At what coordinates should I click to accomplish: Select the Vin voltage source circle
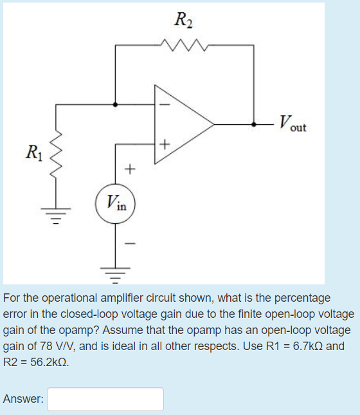(116, 204)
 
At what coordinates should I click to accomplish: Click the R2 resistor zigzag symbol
(184, 46)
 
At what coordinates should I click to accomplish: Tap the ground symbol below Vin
(116, 277)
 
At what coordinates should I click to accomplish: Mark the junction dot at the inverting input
(116, 103)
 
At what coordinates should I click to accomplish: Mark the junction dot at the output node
(255, 123)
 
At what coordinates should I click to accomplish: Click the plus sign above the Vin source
(130, 170)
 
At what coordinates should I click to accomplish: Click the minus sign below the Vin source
(130, 244)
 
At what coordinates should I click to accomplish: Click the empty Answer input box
(105, 399)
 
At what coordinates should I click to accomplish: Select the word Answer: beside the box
(23, 399)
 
